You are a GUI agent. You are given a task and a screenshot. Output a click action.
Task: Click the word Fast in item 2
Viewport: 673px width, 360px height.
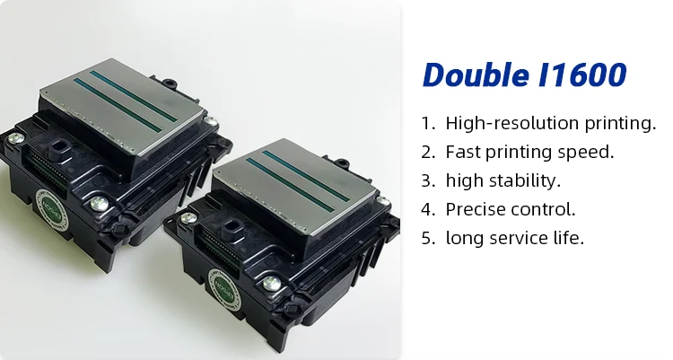pos(461,152)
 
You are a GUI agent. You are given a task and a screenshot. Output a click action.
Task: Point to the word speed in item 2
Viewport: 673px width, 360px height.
pos(588,152)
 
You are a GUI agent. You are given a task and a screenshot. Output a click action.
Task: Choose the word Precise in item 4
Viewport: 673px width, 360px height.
pos(475,209)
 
